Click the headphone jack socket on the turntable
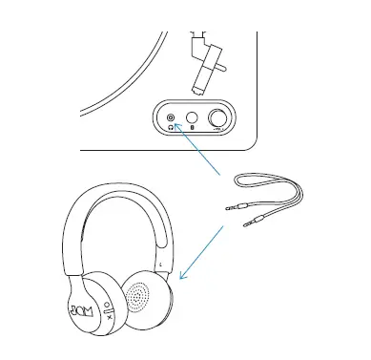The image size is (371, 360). tap(171, 116)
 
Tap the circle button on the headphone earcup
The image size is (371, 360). tap(107, 298)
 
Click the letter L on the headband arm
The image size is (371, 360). tap(161, 263)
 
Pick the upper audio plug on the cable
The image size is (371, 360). tap(231, 205)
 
